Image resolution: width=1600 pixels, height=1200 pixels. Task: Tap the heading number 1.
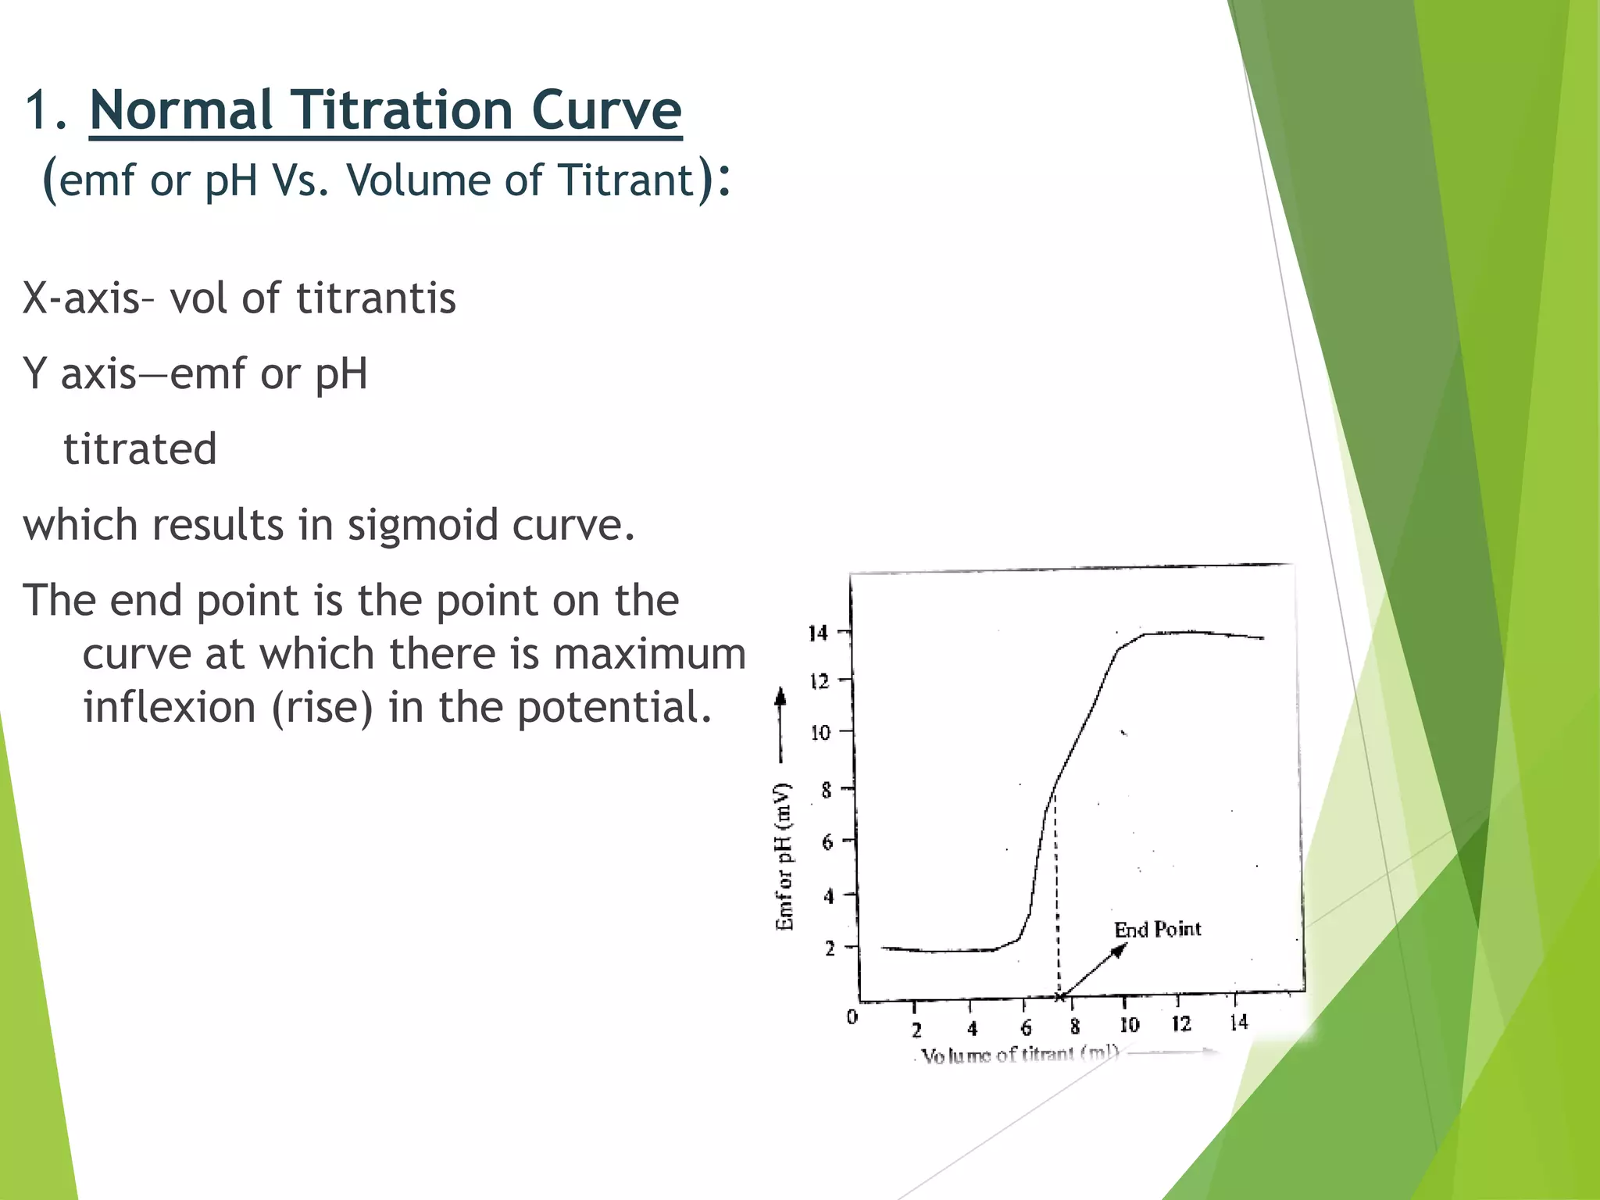pyautogui.click(x=39, y=111)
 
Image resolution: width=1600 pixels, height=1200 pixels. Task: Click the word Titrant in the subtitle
pyautogui.click(x=625, y=180)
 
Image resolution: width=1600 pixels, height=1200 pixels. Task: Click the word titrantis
pyautogui.click(x=376, y=299)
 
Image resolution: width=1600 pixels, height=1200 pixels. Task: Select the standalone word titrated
pyautogui.click(x=140, y=450)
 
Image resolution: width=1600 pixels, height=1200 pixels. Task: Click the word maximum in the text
pyautogui.click(x=649, y=655)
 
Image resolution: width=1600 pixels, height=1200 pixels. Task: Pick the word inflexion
pyautogui.click(x=170, y=708)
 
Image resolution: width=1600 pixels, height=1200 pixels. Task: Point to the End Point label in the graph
pyautogui.click(x=1156, y=930)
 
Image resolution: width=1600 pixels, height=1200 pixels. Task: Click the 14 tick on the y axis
pyautogui.click(x=817, y=634)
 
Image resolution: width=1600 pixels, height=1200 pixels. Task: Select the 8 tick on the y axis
pyautogui.click(x=827, y=791)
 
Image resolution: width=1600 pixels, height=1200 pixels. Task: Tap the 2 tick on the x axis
pyautogui.click(x=916, y=1030)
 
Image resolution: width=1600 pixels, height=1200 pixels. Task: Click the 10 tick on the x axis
pyautogui.click(x=1128, y=1025)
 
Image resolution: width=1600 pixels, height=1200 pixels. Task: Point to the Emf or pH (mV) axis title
pyautogui.click(x=784, y=856)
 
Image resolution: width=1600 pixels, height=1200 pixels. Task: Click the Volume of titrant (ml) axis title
pyautogui.click(x=1020, y=1055)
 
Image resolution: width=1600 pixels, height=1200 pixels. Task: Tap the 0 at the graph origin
pyautogui.click(x=852, y=1017)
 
